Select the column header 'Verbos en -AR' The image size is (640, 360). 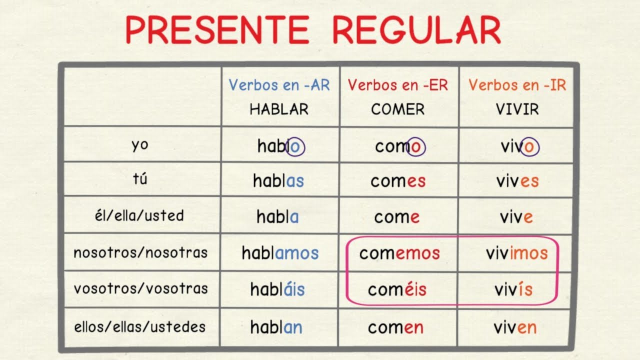[279, 85]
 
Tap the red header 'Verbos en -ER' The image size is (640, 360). [397, 85]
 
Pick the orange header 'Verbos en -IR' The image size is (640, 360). [517, 85]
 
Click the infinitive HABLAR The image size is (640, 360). [279, 109]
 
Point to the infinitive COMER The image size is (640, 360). [397, 109]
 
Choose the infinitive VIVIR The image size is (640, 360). [517, 109]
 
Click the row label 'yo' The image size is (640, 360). [140, 145]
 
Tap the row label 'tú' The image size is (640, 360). [140, 179]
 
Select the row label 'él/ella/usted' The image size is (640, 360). [140, 216]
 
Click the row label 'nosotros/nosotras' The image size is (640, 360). [140, 252]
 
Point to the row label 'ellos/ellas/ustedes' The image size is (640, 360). [140, 327]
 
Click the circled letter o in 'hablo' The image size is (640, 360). [295, 146]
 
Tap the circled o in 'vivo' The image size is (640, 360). [529, 146]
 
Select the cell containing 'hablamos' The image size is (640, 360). [279, 253]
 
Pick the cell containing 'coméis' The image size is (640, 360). [397, 289]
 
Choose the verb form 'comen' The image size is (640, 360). [395, 328]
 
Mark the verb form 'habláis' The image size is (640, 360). [277, 289]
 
